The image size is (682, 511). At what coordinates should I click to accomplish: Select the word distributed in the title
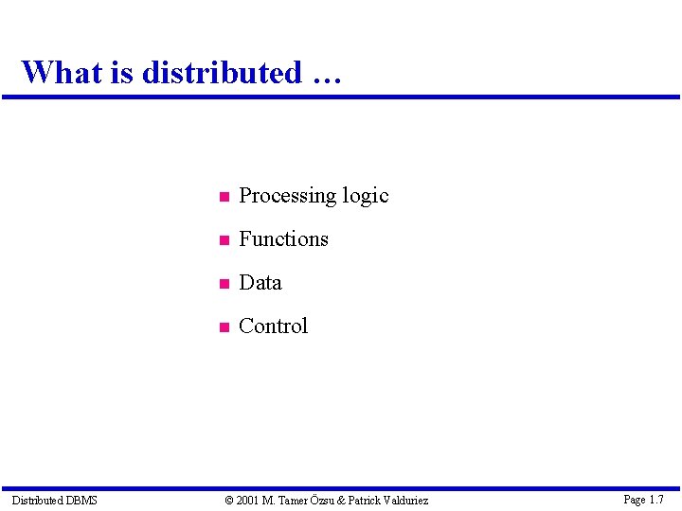pyautogui.click(x=221, y=72)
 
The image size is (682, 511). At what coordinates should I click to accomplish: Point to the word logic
pyautogui.click(x=366, y=196)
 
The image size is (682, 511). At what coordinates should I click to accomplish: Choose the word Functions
pyautogui.click(x=283, y=239)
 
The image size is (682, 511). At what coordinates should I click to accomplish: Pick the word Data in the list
pyautogui.click(x=260, y=283)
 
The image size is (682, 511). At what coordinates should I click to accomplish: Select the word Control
pyautogui.click(x=274, y=326)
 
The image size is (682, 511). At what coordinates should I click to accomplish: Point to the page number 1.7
pyautogui.click(x=655, y=499)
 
